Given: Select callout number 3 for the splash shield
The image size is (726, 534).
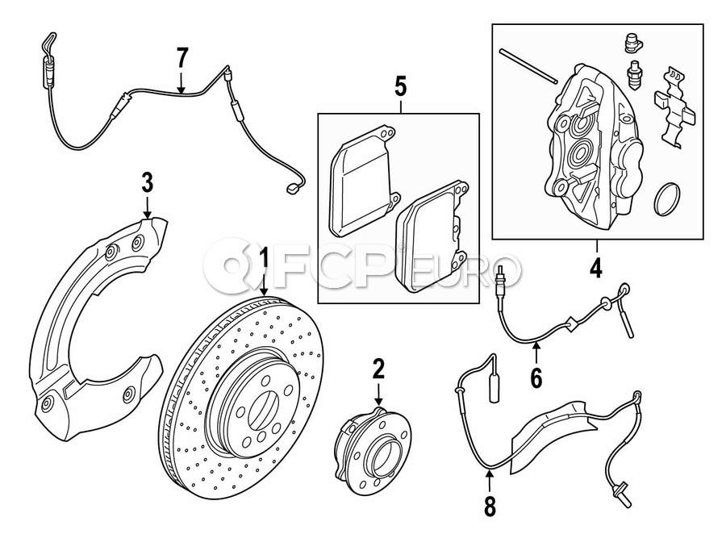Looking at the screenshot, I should point(147,181).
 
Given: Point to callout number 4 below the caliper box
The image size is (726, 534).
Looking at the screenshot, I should point(595,267).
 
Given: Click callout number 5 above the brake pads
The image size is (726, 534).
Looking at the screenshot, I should point(399,85).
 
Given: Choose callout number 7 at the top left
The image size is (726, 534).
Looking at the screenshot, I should point(182,58).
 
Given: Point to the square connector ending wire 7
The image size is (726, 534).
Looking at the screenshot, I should point(292,190).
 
